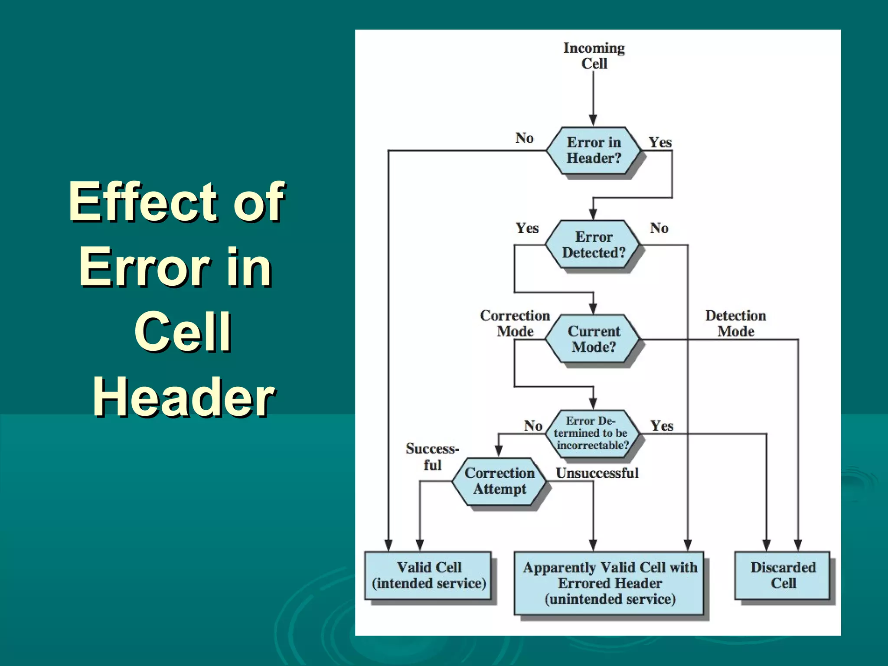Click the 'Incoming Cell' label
594,55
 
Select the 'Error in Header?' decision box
593,150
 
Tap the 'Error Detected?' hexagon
593,245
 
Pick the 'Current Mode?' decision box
593,339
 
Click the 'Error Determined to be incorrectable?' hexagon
592,433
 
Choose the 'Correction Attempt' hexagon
499,481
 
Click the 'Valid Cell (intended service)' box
428,575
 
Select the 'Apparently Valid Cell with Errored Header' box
609,583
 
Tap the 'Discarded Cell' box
783,575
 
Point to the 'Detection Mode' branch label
735,323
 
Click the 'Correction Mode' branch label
515,323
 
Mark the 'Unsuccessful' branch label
597,473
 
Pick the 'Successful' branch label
432,457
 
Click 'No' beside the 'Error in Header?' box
524,138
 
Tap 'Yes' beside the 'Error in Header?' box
660,142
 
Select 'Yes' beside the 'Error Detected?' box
527,228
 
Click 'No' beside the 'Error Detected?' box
659,228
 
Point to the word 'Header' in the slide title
184,396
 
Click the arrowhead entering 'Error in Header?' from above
593,121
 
